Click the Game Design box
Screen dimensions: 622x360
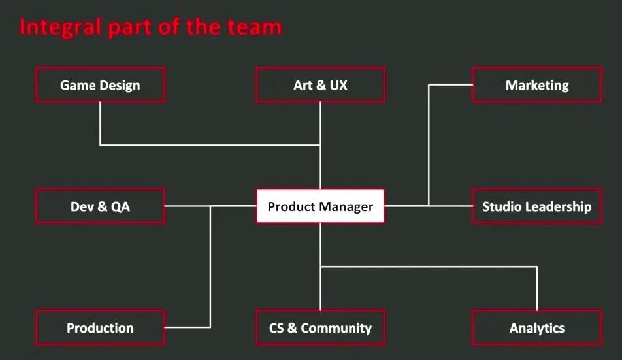pyautogui.click(x=100, y=85)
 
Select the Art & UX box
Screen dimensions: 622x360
pyautogui.click(x=321, y=85)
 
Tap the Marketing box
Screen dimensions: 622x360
pyautogui.click(x=537, y=85)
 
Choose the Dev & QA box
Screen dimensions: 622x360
pyautogui.click(x=100, y=206)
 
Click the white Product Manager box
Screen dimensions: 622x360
pyautogui.click(x=321, y=206)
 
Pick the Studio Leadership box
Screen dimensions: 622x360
pyautogui.click(x=537, y=206)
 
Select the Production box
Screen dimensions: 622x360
pyautogui.click(x=100, y=328)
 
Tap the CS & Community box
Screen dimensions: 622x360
pyautogui.click(x=321, y=328)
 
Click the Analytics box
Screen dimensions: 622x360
pyautogui.click(x=537, y=328)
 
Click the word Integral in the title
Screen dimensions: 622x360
pyautogui.click(x=60, y=27)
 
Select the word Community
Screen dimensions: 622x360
pyautogui.click(x=336, y=328)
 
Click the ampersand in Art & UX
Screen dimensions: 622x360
pyautogui.click(x=321, y=85)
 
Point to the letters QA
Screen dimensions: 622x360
pyautogui.click(x=120, y=206)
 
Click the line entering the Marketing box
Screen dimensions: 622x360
pyautogui.click(x=451, y=84)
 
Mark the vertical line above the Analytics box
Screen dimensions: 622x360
pyautogui.click(x=537, y=288)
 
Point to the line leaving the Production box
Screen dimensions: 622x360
pyautogui.click(x=188, y=327)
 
